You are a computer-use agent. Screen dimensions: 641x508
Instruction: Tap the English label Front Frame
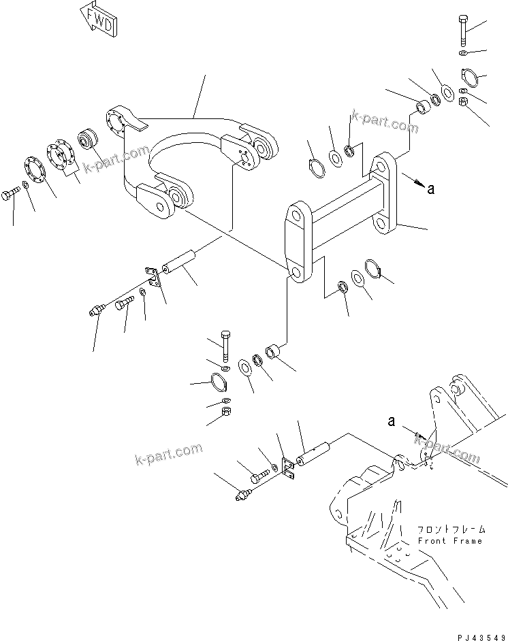pyautogui.click(x=450, y=541)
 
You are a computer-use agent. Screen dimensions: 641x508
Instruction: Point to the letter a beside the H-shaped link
pyautogui.click(x=430, y=190)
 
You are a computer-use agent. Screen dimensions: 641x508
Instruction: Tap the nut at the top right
pyautogui.click(x=462, y=102)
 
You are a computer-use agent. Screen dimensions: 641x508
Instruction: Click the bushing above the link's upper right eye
pyautogui.click(x=422, y=106)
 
